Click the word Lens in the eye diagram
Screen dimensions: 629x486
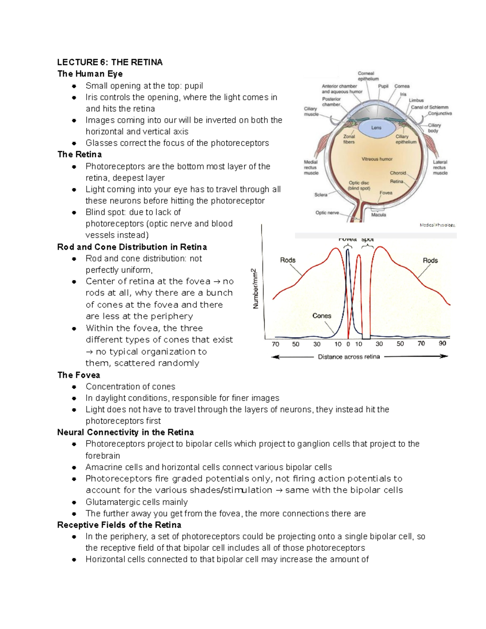[x=376, y=128]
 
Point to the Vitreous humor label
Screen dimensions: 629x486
[x=377, y=159]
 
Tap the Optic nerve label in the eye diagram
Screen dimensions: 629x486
[x=327, y=213]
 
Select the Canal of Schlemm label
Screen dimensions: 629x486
[x=430, y=107]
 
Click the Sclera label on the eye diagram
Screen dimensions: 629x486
[x=321, y=195]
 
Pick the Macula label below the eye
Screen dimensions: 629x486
[x=379, y=215]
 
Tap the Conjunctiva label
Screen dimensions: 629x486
[x=440, y=113]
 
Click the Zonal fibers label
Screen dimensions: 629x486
[x=349, y=139]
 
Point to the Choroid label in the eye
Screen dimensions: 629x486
[x=398, y=173]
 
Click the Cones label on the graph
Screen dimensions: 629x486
[x=322, y=316]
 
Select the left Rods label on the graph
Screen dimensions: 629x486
[x=288, y=260]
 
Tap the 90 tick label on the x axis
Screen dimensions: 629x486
[x=442, y=343]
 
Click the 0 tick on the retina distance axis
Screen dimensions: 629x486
[x=348, y=344]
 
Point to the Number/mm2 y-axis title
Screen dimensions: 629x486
[x=256, y=288]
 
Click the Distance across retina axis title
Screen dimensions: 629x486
[x=349, y=357]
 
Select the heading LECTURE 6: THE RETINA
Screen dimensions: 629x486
[x=110, y=62]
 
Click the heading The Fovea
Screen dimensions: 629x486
[x=79, y=375]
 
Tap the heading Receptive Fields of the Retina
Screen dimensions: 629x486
[x=119, y=525]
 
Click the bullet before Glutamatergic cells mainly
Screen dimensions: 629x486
[x=74, y=503]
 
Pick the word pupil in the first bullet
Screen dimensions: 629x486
[x=194, y=86]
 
